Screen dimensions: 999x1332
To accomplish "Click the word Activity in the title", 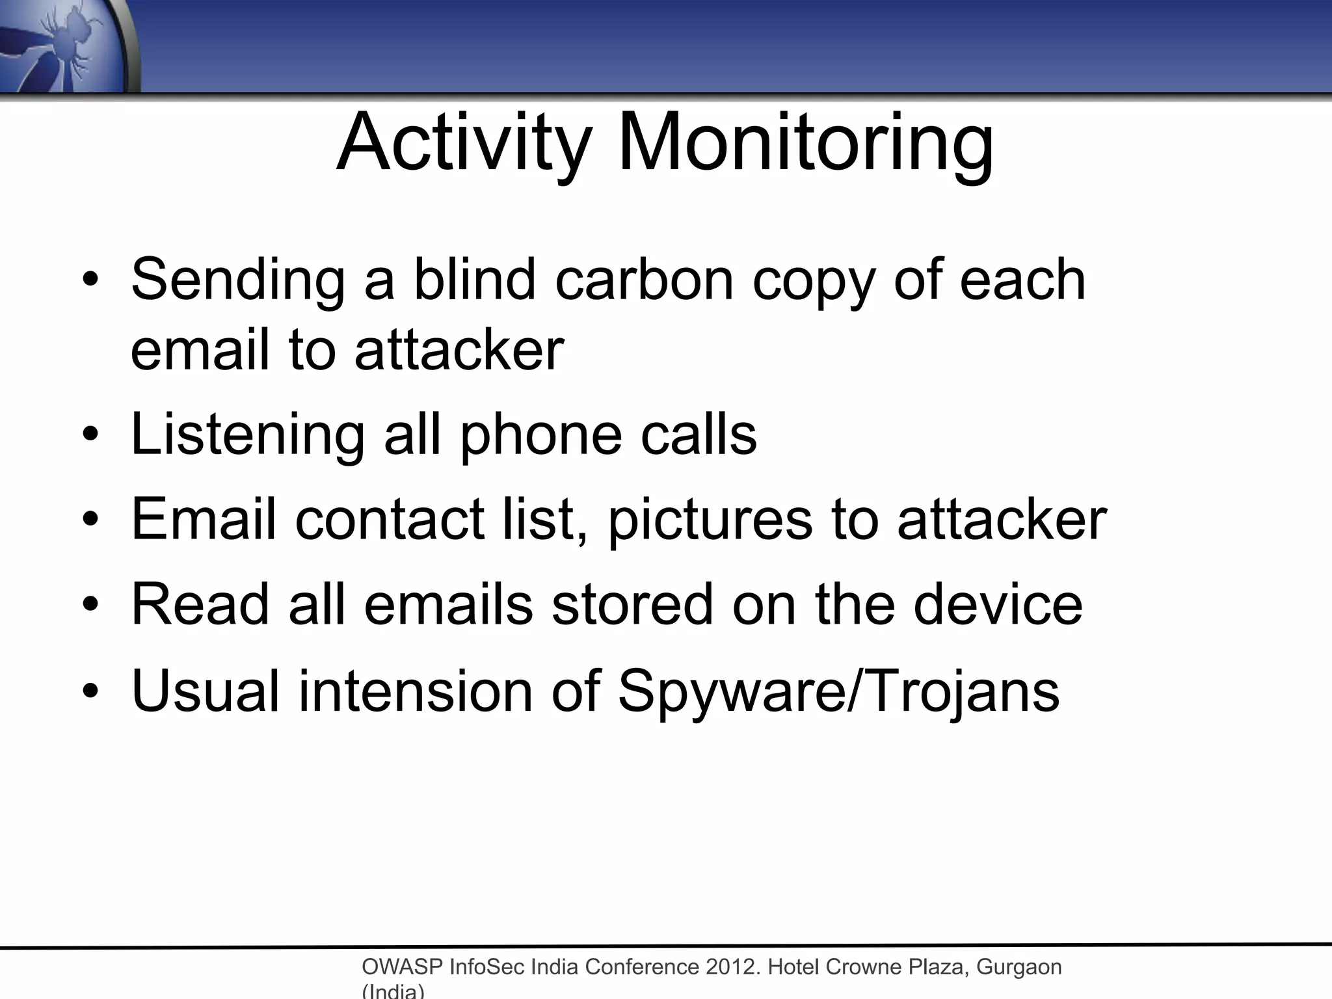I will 464,143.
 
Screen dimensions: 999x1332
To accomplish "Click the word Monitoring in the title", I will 806,143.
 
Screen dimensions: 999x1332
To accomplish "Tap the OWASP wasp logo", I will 65,46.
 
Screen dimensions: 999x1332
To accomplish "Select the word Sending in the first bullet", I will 238,281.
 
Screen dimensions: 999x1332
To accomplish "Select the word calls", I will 699,434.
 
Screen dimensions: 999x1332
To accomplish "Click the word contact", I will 390,520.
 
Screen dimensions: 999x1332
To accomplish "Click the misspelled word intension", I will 416,691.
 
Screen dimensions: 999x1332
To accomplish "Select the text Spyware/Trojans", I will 838,692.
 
